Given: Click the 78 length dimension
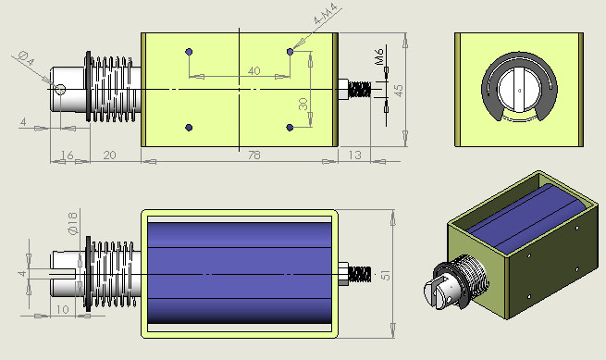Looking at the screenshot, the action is [x=254, y=155].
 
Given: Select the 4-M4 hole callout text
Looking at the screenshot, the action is [x=326, y=15].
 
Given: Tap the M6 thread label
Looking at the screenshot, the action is [x=379, y=56].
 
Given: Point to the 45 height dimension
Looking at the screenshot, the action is [x=399, y=91].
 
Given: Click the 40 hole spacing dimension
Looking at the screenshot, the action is [x=254, y=71].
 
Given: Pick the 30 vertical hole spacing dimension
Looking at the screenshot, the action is [x=303, y=104].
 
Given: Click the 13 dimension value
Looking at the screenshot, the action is [x=354, y=155].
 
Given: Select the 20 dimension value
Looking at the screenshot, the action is [x=109, y=155].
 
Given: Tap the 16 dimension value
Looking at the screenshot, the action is [x=68, y=155].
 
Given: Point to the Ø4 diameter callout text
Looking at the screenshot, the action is [x=27, y=58].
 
